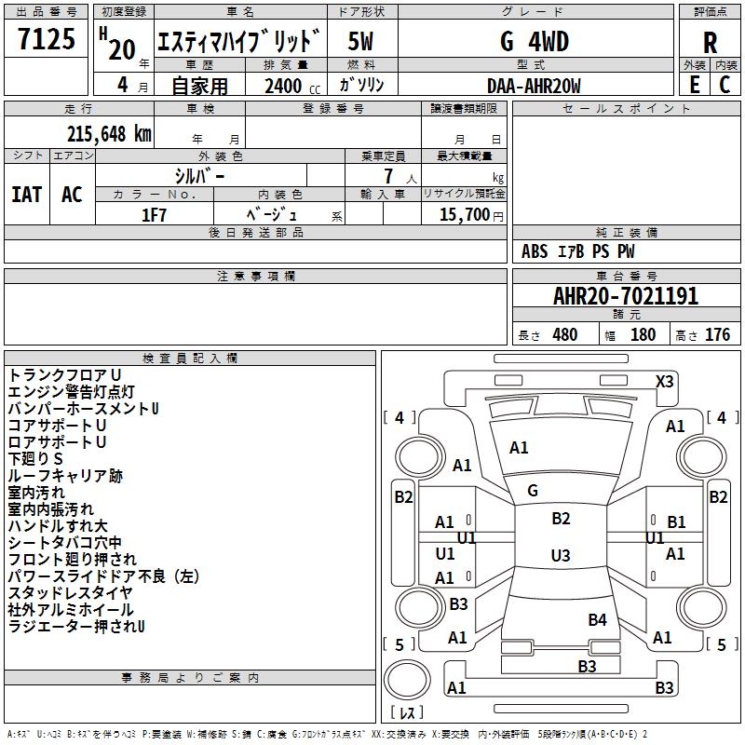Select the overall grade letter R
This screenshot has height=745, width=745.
[x=710, y=43]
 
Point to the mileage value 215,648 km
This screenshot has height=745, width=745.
[x=109, y=133]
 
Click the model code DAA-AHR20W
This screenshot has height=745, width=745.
[x=534, y=86]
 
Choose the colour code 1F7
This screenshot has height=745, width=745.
[x=154, y=214]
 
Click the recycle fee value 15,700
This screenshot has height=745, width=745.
[x=465, y=215]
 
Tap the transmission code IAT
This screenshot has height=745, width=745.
[x=26, y=195]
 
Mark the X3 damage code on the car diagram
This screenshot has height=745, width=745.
[x=665, y=381]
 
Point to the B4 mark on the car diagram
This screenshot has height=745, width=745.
[x=597, y=619]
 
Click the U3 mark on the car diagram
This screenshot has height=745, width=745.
[x=560, y=556]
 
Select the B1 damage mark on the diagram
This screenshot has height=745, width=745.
[x=676, y=522]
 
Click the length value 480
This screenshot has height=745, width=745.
[x=564, y=335]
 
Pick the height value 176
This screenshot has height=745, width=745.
[x=717, y=335]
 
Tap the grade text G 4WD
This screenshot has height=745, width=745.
[x=534, y=41]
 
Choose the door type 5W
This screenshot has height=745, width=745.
[x=361, y=41]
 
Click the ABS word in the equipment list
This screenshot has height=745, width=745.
[x=535, y=251]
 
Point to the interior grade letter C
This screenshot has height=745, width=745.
[x=725, y=85]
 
